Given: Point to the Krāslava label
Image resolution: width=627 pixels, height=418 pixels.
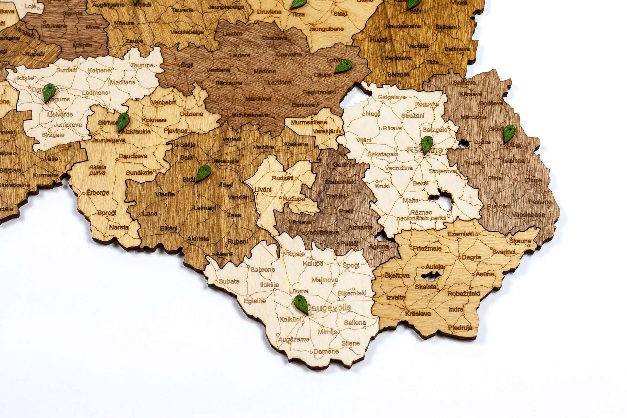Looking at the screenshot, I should pos(418,313).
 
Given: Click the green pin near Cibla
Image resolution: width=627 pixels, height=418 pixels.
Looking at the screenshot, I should pos(509,133).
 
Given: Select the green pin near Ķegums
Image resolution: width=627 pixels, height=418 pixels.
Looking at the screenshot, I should pos(49,92).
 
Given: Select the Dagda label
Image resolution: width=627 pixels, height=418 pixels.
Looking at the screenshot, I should pos(471,257).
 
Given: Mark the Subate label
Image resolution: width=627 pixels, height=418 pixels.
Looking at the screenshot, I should pos(229,281).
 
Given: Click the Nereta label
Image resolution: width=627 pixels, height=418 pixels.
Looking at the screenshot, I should pos(119,227).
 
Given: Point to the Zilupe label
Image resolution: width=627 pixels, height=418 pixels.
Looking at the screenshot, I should pos(534,180).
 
